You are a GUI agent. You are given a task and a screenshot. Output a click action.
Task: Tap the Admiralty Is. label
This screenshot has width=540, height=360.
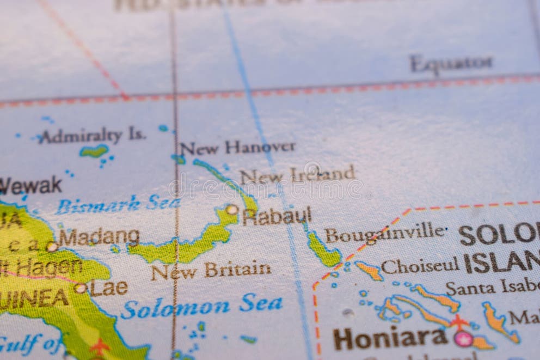point(91,136)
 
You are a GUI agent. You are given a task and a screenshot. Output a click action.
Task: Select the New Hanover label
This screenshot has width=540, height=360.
point(238,147)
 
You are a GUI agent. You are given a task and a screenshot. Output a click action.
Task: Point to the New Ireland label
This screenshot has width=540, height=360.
point(297,175)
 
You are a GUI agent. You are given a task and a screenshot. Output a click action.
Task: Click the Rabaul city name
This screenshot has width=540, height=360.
point(277,216)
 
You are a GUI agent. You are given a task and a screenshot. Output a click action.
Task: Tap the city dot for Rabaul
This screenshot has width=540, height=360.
point(232,209)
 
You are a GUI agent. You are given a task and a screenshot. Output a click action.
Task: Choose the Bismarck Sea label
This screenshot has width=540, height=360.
point(118,204)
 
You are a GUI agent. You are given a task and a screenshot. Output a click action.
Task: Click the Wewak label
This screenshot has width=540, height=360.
point(30,186)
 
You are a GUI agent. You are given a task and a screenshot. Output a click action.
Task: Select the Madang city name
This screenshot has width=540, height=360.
point(99,237)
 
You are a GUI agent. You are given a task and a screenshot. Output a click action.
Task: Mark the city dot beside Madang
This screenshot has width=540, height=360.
point(52,246)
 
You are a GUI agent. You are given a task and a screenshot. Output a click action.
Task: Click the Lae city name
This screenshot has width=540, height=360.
point(109,288)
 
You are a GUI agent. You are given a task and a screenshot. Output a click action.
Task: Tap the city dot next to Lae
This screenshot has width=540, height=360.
point(81,288)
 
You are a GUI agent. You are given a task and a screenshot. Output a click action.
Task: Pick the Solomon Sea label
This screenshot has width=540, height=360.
point(201,306)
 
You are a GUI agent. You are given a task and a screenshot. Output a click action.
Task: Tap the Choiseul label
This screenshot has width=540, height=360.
point(420,266)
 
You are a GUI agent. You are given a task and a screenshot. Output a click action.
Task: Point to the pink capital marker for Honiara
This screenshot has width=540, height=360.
point(463,339)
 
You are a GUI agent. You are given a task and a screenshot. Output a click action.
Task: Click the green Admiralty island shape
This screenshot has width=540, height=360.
point(94,151)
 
